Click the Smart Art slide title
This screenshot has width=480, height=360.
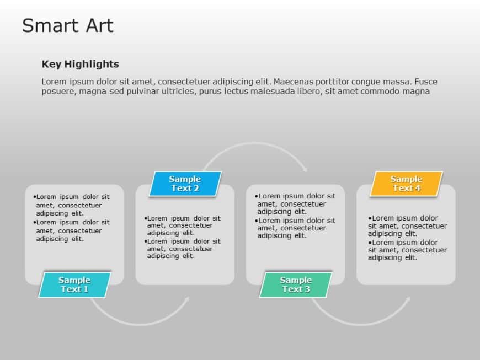(x=67, y=26)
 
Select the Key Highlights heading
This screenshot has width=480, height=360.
(x=80, y=64)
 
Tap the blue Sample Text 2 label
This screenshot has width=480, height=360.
(x=185, y=184)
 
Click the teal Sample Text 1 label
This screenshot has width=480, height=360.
(x=74, y=284)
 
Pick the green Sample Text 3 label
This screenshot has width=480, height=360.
(x=296, y=284)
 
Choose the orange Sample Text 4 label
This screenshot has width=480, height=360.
(x=407, y=184)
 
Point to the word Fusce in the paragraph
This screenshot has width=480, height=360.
(x=425, y=82)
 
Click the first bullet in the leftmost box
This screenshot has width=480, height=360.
(x=72, y=205)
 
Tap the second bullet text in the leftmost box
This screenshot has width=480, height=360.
(x=72, y=230)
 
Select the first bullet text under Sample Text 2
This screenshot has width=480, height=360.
(x=183, y=225)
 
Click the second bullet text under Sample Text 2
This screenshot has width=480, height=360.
(x=183, y=249)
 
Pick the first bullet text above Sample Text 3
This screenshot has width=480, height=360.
(x=295, y=203)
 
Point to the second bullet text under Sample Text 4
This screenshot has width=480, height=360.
(x=407, y=250)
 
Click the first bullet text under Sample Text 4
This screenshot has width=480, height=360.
(x=407, y=225)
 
